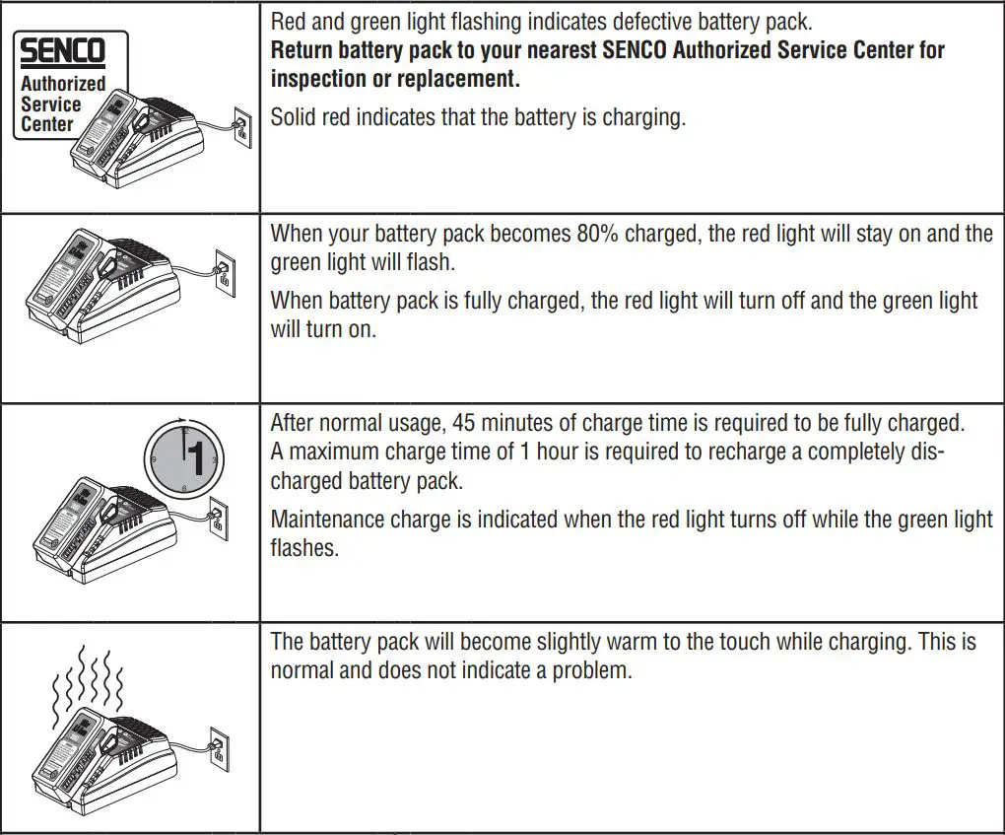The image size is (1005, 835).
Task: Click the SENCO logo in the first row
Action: click(x=61, y=50)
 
